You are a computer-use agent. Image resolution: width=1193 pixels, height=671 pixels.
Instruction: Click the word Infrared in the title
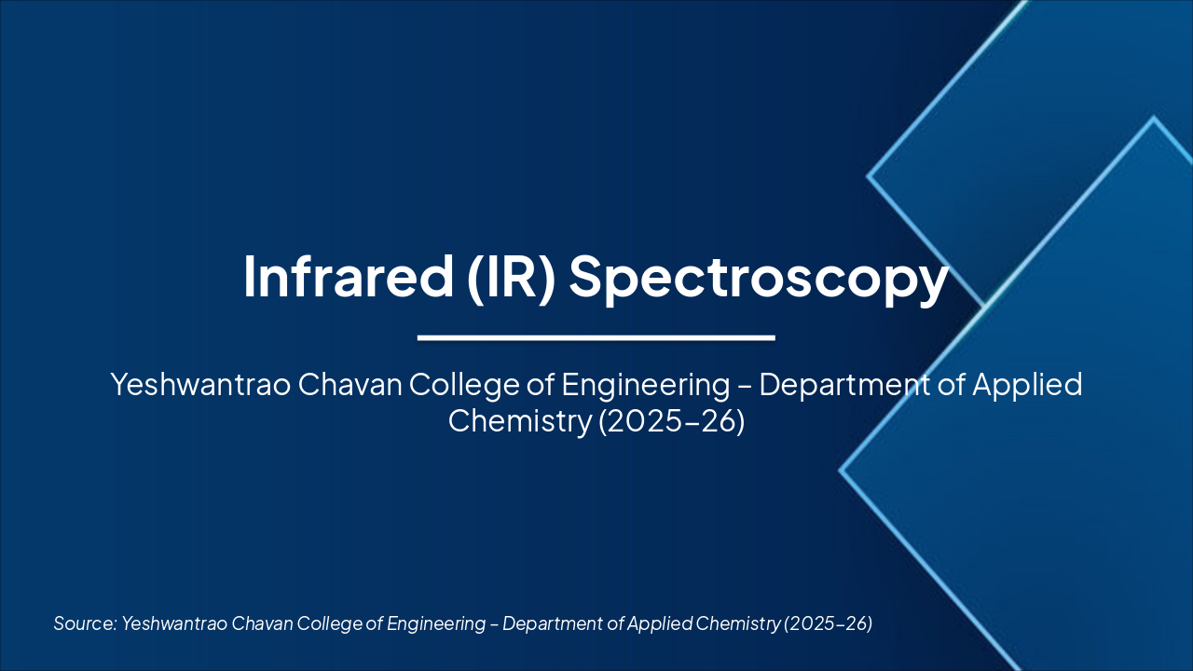pyautogui.click(x=340, y=276)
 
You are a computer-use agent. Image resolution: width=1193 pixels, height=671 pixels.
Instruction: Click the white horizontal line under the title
pyautogui.click(x=596, y=337)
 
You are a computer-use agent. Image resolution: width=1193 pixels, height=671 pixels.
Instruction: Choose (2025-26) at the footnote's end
pyautogui.click(x=829, y=623)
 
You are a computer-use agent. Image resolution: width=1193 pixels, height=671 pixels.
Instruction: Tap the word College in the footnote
pyautogui.click(x=330, y=623)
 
